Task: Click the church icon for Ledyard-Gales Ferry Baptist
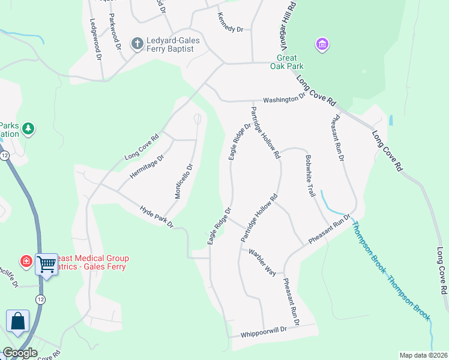click(137, 43)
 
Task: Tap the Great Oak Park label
click(291, 62)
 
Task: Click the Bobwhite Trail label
click(310, 176)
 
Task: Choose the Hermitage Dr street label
click(147, 168)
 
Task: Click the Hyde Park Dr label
click(156, 217)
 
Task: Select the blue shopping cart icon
click(46, 263)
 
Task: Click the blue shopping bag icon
click(17, 320)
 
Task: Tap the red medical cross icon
click(26, 262)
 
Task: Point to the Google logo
click(20, 353)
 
